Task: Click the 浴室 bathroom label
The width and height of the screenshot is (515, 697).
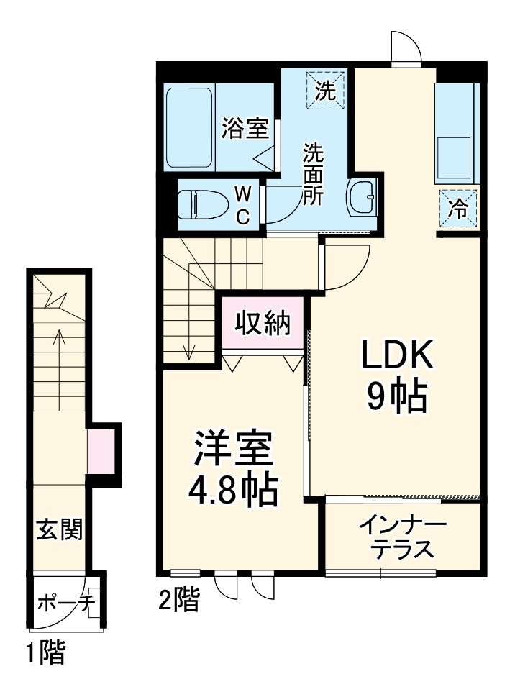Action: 245,129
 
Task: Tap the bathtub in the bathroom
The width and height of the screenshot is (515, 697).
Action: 190,128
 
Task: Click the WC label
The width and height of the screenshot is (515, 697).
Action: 244,205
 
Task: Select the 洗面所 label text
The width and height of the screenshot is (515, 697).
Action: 313,175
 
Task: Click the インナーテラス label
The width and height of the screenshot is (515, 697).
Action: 403,536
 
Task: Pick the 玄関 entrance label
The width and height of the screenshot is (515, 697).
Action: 59,530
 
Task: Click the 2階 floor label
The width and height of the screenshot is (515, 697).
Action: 178,599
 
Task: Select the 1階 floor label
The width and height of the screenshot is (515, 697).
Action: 46,653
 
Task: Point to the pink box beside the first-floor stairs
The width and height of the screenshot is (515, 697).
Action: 100,450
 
